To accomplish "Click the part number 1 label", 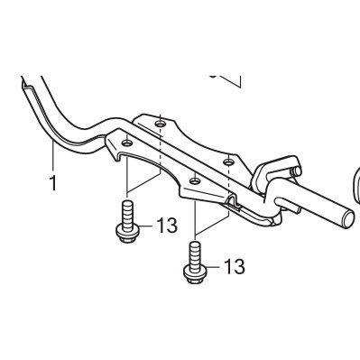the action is pyautogui.click(x=53, y=183).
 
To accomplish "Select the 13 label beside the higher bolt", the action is pyautogui.click(x=167, y=226).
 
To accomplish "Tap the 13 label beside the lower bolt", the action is pyautogui.click(x=235, y=267).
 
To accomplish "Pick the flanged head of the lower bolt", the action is pyautogui.click(x=195, y=274).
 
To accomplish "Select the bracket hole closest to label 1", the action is pyautogui.click(x=127, y=143).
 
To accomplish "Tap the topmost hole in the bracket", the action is pyautogui.click(x=161, y=124).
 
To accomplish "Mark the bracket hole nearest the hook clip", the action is pyautogui.click(x=228, y=162).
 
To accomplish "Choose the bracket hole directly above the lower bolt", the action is pyautogui.click(x=196, y=181).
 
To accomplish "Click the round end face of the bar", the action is pyautogui.click(x=348, y=219).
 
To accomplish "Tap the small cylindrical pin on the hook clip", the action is pyautogui.click(x=297, y=171).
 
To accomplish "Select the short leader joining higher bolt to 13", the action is pyautogui.click(x=147, y=226).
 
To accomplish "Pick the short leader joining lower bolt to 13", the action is pyautogui.click(x=215, y=267).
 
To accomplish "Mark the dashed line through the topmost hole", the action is pyautogui.click(x=161, y=144).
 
